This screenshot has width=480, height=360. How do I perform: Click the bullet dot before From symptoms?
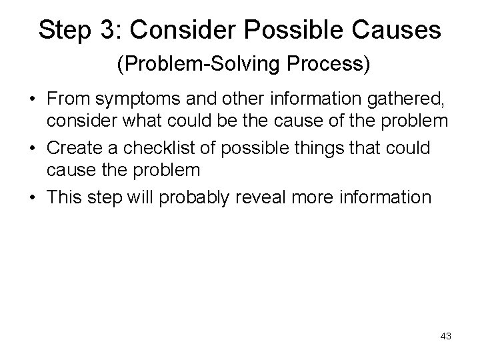(31, 100)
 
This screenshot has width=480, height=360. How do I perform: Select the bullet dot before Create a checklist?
(31, 147)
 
